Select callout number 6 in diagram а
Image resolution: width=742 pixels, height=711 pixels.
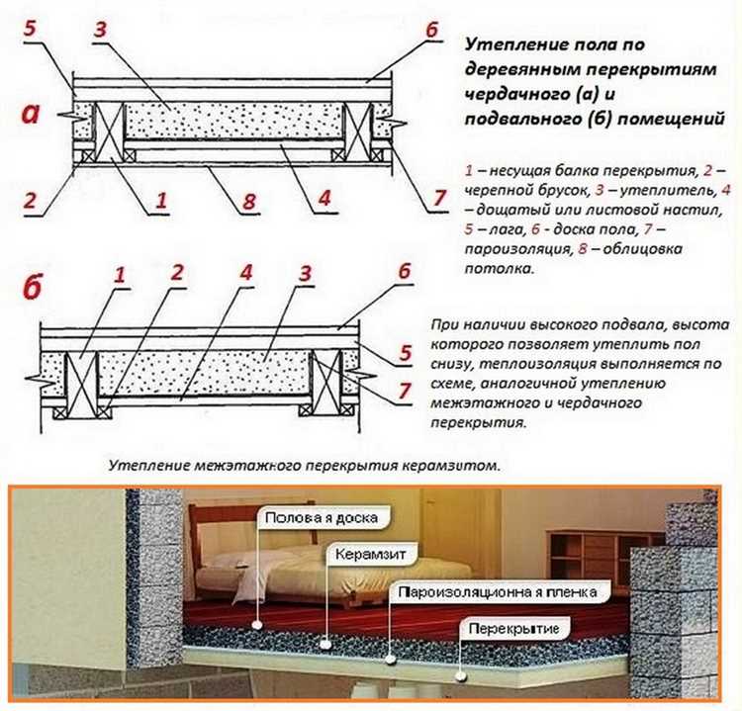click(x=431, y=30)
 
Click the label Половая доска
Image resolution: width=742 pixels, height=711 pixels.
click(x=321, y=515)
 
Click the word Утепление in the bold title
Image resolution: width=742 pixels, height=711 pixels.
click(x=513, y=46)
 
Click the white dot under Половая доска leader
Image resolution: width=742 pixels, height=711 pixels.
click(x=257, y=624)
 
